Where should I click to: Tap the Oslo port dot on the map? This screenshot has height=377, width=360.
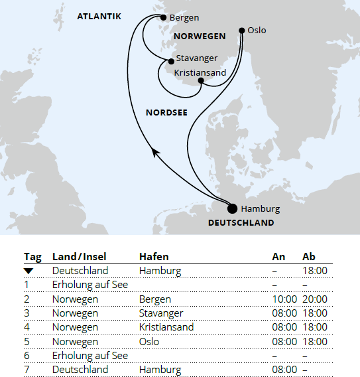click(x=243, y=31)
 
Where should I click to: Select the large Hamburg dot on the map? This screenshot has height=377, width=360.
click(x=232, y=208)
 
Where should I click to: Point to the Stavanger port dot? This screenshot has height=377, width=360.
click(x=172, y=61)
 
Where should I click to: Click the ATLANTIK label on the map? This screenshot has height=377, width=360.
click(x=99, y=16)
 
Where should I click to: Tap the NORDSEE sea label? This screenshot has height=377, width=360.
click(x=166, y=113)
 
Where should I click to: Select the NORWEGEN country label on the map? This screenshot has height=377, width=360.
click(x=199, y=36)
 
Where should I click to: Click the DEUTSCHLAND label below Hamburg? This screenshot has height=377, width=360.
click(x=241, y=223)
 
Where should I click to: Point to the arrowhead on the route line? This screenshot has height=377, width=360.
click(x=155, y=152)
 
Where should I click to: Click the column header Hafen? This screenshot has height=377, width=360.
click(x=154, y=257)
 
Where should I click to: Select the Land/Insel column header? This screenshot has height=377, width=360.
click(x=79, y=257)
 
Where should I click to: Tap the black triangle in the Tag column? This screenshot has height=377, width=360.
click(x=29, y=271)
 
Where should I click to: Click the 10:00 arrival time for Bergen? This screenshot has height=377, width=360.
click(x=284, y=299)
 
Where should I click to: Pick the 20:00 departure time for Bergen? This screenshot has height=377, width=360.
click(x=314, y=299)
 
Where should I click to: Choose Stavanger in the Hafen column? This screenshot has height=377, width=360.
click(x=161, y=313)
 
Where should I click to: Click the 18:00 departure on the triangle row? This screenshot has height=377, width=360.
click(x=314, y=271)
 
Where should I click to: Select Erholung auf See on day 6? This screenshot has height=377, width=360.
click(x=90, y=356)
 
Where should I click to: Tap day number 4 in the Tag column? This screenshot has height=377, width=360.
click(x=28, y=327)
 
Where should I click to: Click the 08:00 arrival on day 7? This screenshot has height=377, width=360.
click(x=284, y=369)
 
